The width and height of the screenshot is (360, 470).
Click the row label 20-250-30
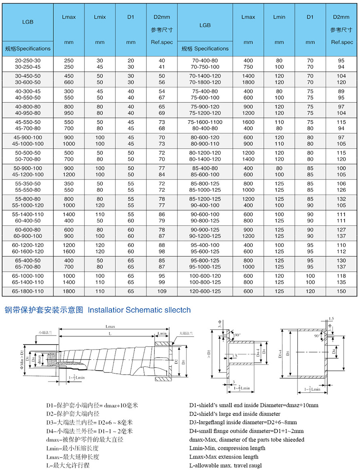[28, 60]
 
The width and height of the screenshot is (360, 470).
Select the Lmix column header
[100, 17]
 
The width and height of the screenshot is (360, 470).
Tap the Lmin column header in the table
[279, 17]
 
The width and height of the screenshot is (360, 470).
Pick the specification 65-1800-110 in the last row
[28, 291]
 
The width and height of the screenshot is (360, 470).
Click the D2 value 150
[341, 291]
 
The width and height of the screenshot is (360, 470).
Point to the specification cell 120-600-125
[205, 291]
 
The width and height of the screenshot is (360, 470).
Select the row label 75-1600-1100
[205, 122]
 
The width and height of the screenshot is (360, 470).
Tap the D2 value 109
[162, 291]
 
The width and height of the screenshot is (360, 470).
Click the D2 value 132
[341, 199]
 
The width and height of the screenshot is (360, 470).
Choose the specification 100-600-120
[205, 276]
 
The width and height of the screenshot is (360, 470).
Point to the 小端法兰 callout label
[45, 332]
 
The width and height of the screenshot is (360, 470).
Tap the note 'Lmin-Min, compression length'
[227, 448]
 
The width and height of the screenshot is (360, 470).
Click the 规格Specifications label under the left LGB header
[28, 49]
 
